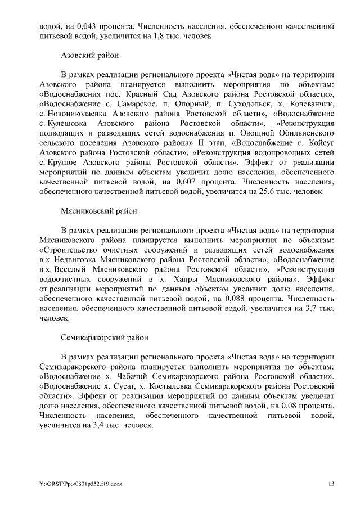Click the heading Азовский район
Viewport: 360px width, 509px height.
[89, 56]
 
